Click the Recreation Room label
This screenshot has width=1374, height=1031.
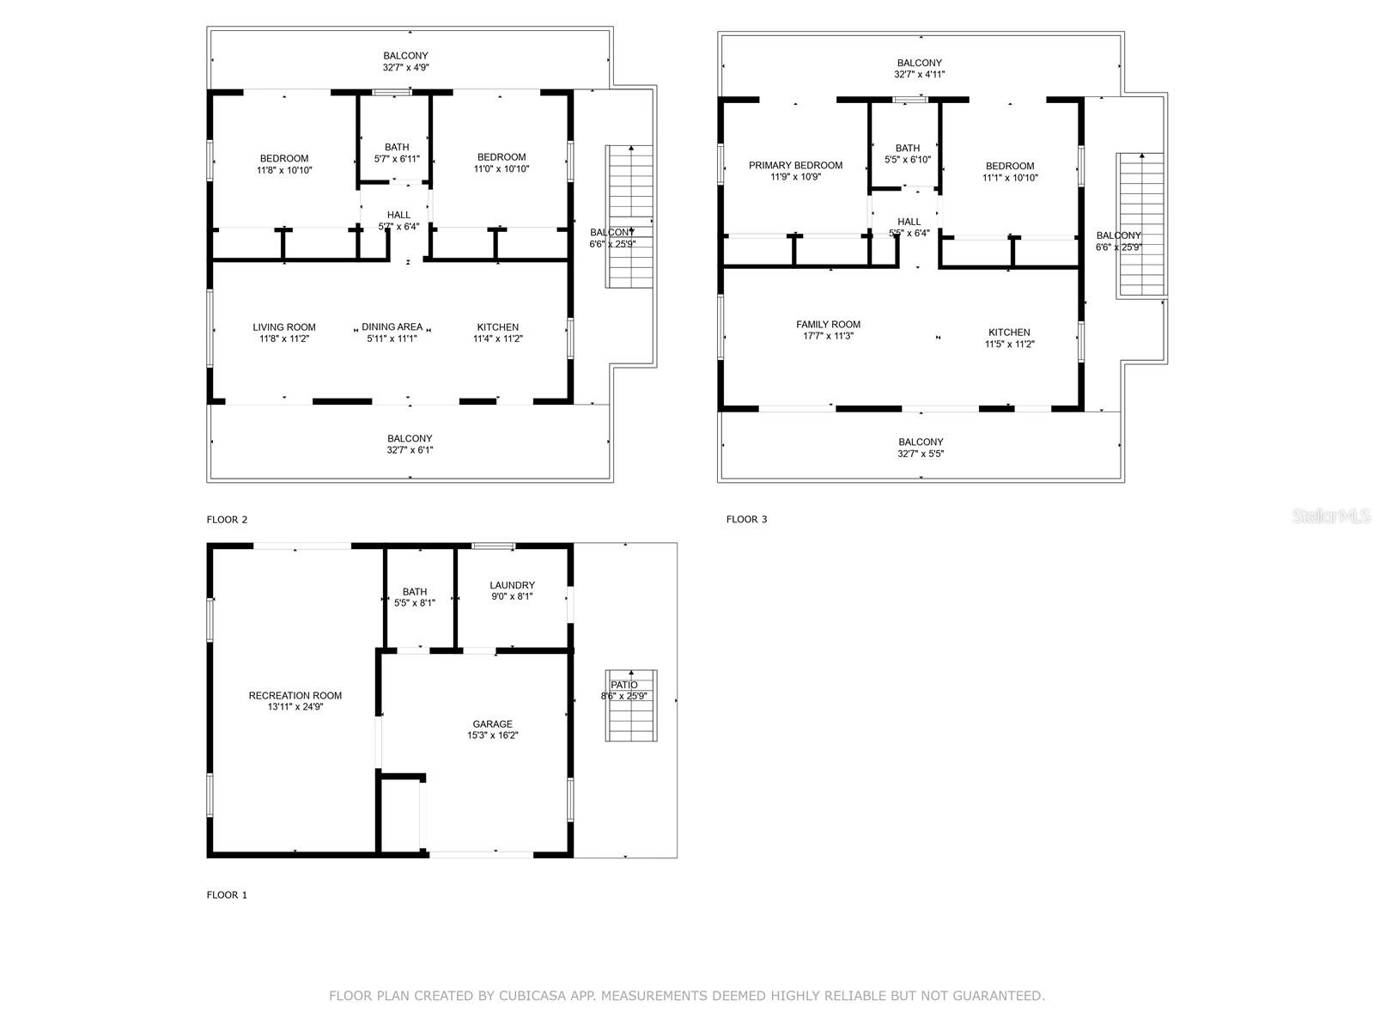tap(295, 695)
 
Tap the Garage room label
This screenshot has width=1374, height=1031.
tap(492, 723)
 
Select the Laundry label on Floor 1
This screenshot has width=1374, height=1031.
tap(512, 585)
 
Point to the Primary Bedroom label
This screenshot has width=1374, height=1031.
tap(795, 165)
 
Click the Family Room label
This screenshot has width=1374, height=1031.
tap(828, 324)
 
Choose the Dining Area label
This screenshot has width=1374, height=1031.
tap(392, 326)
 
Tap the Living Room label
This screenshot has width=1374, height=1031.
tap(283, 326)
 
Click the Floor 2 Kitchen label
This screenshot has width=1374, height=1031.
tap(497, 326)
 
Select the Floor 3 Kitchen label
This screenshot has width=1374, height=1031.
tap(1008, 332)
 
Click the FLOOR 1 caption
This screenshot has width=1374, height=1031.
tap(227, 894)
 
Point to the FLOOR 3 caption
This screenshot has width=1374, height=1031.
tap(746, 519)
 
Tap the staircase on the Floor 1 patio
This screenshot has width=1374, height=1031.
tap(630, 705)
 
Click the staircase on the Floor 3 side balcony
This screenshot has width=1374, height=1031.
tap(1141, 224)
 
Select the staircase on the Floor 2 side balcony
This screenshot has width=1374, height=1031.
tap(629, 217)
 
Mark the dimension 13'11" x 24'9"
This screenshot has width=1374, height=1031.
tap(295, 707)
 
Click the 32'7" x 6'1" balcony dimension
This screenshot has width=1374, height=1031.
tap(410, 449)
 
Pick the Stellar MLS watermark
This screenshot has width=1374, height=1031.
tap(1331, 515)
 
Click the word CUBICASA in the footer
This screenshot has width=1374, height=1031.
tap(532, 995)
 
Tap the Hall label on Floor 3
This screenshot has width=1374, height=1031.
tap(909, 222)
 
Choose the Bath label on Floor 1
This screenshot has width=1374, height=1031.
tap(415, 592)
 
